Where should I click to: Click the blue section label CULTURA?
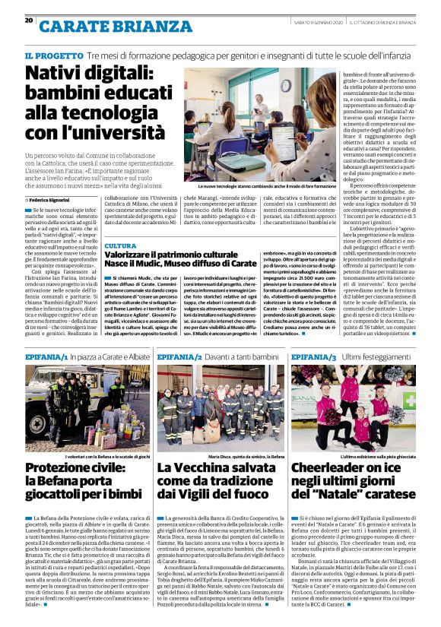[x=120, y=245]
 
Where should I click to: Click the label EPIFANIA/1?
[x=46, y=356]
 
